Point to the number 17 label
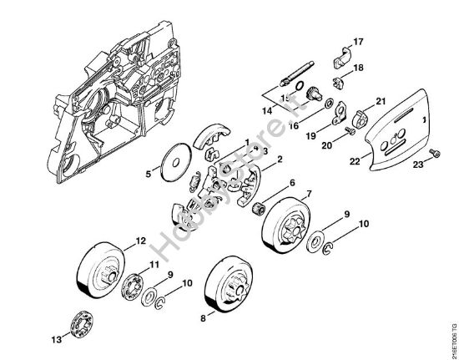[358, 42]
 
